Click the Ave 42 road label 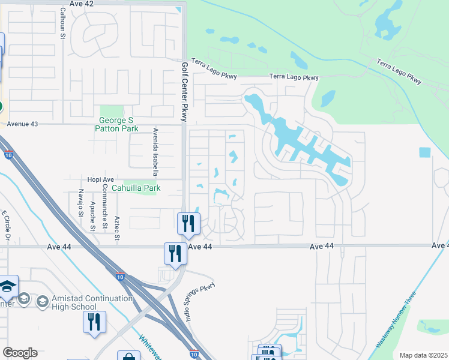pyautogui.click(x=82, y=4)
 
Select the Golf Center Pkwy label pyautogui.click(x=185, y=91)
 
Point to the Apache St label pyautogui.click(x=92, y=217)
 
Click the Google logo pyautogui.click(x=20, y=353)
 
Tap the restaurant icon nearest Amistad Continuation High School pyautogui.click(x=94, y=322)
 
